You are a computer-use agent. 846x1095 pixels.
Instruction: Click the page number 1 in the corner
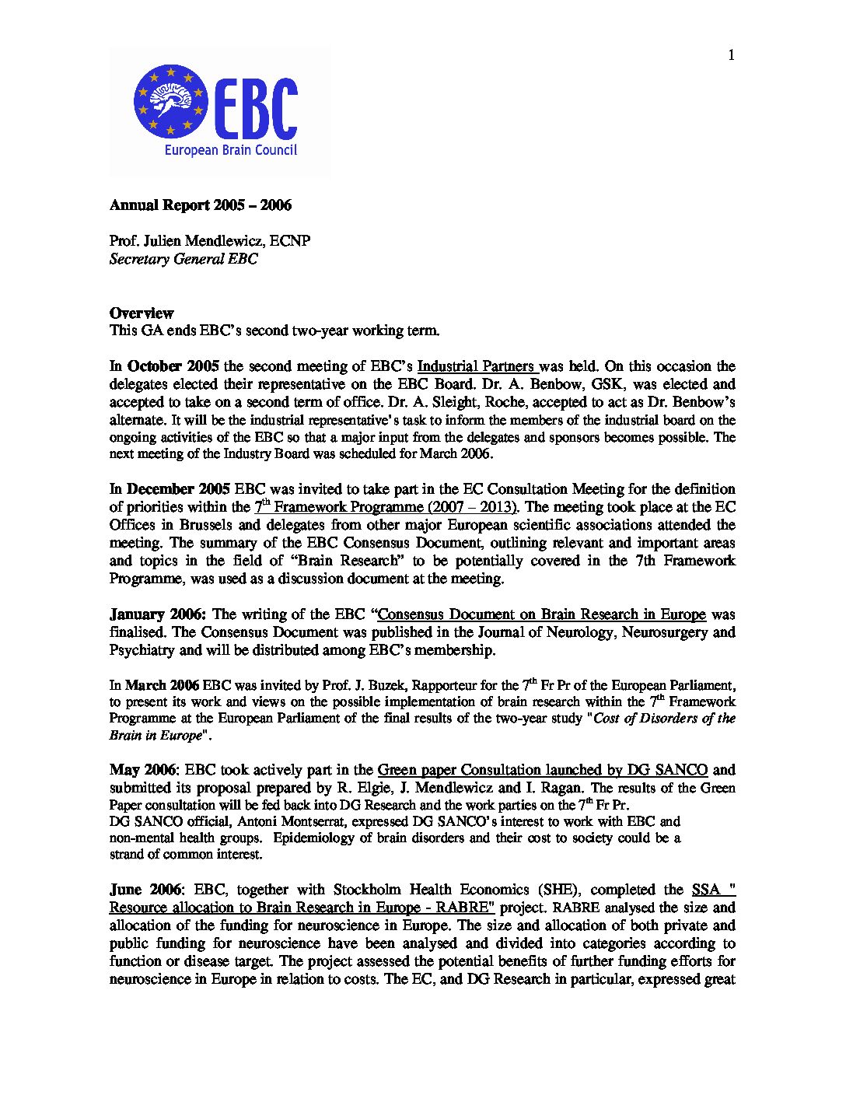pos(731,54)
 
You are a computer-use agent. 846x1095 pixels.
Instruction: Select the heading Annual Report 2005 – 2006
pos(200,205)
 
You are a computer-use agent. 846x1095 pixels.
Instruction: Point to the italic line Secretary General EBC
pos(183,259)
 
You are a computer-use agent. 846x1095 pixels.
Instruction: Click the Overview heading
pos(141,313)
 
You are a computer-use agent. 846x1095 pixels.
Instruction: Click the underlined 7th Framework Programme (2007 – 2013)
pos(386,507)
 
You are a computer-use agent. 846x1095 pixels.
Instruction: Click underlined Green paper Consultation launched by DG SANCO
pos(542,770)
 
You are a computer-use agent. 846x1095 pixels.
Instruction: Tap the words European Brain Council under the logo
pos(230,150)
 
